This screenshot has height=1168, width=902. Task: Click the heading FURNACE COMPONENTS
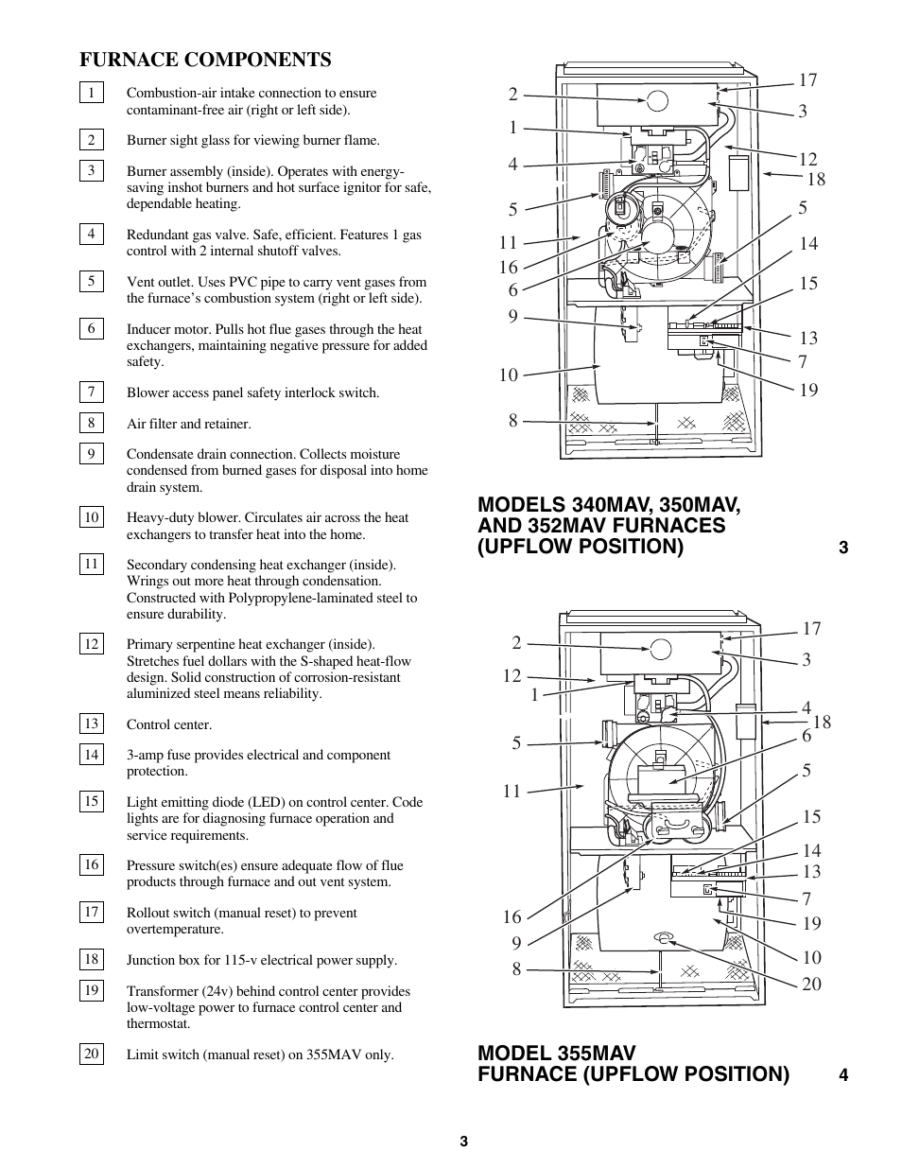205,60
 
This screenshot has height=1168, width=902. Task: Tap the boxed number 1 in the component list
91,93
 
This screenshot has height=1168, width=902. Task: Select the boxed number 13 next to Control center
91,724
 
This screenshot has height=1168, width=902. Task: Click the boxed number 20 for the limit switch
91,1055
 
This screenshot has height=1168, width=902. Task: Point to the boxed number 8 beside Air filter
91,424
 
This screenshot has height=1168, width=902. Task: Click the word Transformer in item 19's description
161,991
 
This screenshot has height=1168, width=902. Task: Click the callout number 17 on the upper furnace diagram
807,80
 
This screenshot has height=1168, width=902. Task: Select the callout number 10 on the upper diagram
509,375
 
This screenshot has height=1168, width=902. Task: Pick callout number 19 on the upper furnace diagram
807,390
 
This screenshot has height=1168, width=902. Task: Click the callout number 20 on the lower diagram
811,985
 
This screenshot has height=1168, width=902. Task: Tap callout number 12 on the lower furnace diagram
512,676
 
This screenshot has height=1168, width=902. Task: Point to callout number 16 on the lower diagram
512,917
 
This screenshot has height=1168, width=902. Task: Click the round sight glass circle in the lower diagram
660,649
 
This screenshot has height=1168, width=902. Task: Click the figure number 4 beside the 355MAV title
843,1075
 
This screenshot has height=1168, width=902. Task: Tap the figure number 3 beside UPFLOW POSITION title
843,549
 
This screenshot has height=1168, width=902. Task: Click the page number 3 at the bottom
464,1142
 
